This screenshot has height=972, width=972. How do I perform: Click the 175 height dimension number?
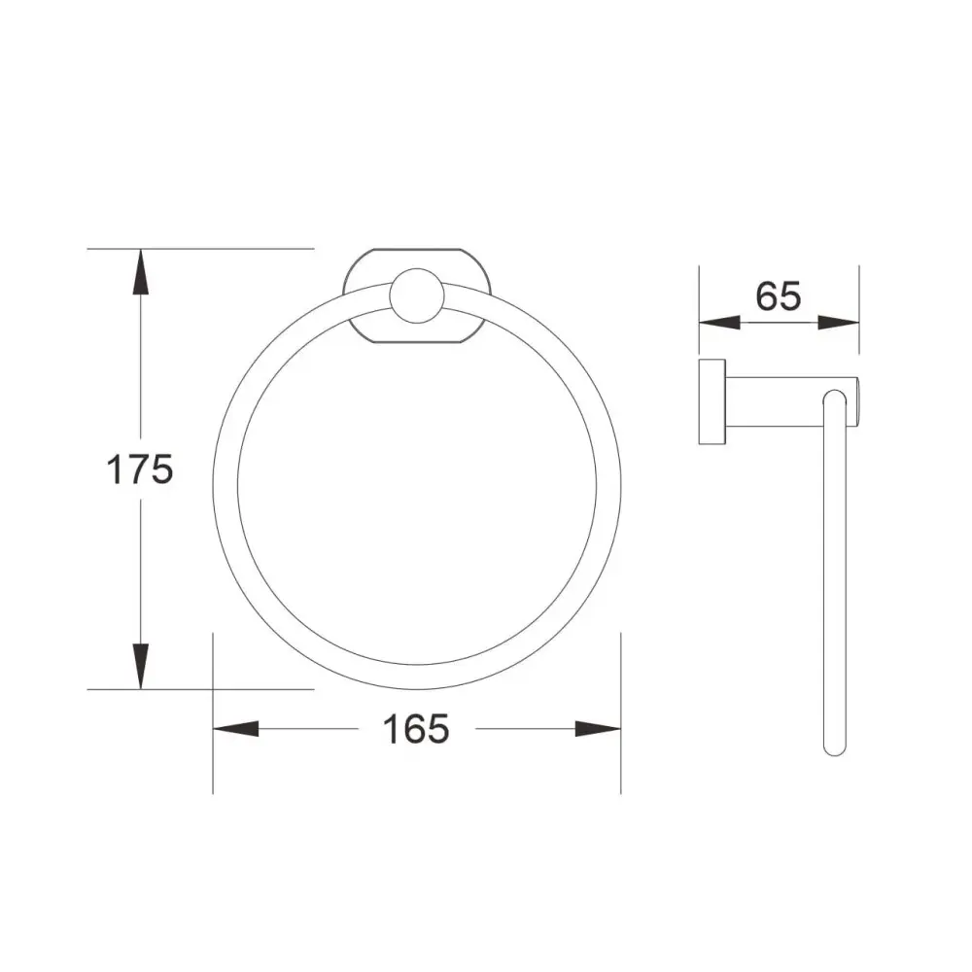(x=139, y=469)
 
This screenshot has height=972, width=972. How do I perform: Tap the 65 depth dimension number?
(x=779, y=295)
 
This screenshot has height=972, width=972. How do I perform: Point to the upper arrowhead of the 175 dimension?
(x=141, y=271)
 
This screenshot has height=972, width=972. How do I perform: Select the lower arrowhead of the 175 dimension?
(x=141, y=667)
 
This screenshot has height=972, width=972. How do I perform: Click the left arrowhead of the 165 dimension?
(x=235, y=729)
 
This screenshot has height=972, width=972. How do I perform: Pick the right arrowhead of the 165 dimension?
(x=598, y=729)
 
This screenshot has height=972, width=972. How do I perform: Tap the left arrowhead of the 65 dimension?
(x=719, y=323)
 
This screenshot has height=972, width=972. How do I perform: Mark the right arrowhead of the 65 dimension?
(x=838, y=323)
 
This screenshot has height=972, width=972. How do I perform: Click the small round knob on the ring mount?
(x=417, y=295)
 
